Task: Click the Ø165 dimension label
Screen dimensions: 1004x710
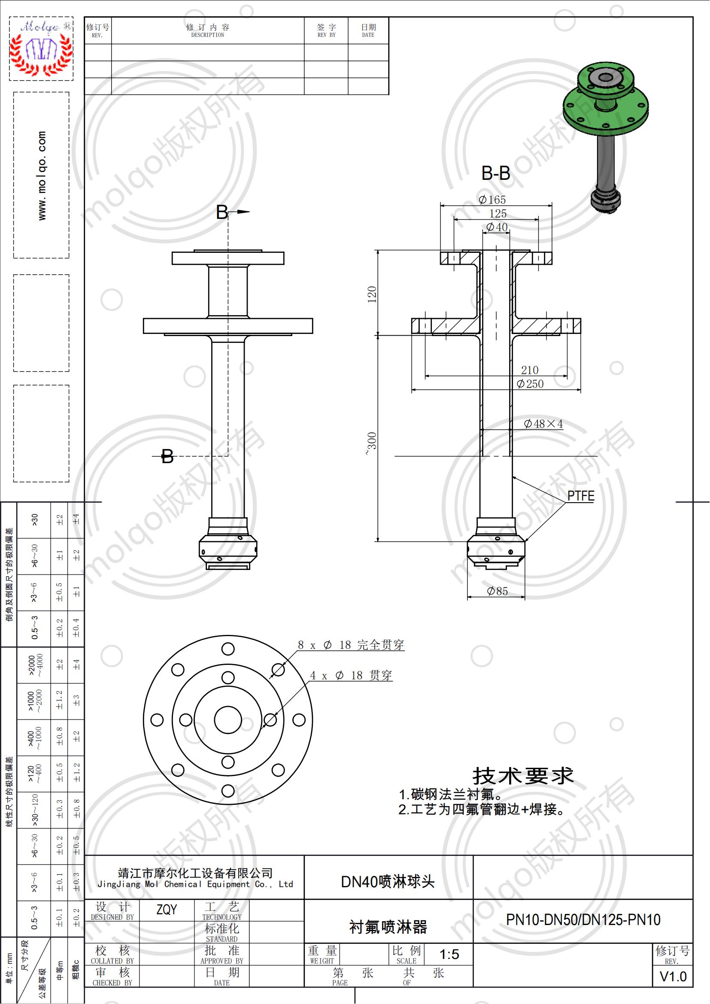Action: (x=492, y=200)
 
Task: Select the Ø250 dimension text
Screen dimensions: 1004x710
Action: (x=530, y=384)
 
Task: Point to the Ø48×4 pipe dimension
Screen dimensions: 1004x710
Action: (x=543, y=424)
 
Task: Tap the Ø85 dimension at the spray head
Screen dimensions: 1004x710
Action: (x=498, y=591)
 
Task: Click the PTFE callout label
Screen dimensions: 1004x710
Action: (x=581, y=496)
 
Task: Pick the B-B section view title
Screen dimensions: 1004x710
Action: (x=496, y=173)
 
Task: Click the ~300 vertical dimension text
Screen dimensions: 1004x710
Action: (x=371, y=443)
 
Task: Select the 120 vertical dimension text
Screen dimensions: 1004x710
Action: (x=372, y=294)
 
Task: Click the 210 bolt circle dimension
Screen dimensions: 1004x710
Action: (x=529, y=370)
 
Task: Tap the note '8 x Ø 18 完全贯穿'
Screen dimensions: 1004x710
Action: (x=351, y=645)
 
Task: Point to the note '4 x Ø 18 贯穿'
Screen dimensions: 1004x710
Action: (x=351, y=676)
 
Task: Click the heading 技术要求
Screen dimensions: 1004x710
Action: (x=523, y=776)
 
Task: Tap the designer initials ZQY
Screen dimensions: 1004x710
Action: (x=167, y=910)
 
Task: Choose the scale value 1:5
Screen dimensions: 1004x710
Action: (x=449, y=954)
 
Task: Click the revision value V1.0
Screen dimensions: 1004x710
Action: (x=673, y=977)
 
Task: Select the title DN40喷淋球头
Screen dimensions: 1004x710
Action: (x=388, y=882)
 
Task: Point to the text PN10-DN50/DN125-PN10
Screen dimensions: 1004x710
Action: (x=583, y=920)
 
